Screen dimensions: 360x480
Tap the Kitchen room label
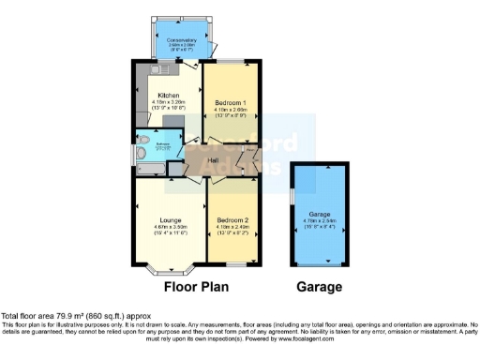[x=169, y=95]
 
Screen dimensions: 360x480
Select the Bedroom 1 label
[x=230, y=101]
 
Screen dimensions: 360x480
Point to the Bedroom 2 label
[x=230, y=220]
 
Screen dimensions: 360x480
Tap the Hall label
[x=214, y=160]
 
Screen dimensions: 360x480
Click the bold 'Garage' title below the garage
[x=320, y=287]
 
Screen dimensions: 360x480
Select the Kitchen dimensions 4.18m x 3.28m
[x=169, y=103]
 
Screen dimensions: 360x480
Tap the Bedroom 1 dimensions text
[x=230, y=110]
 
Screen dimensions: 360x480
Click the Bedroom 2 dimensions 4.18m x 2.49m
[x=230, y=229]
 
